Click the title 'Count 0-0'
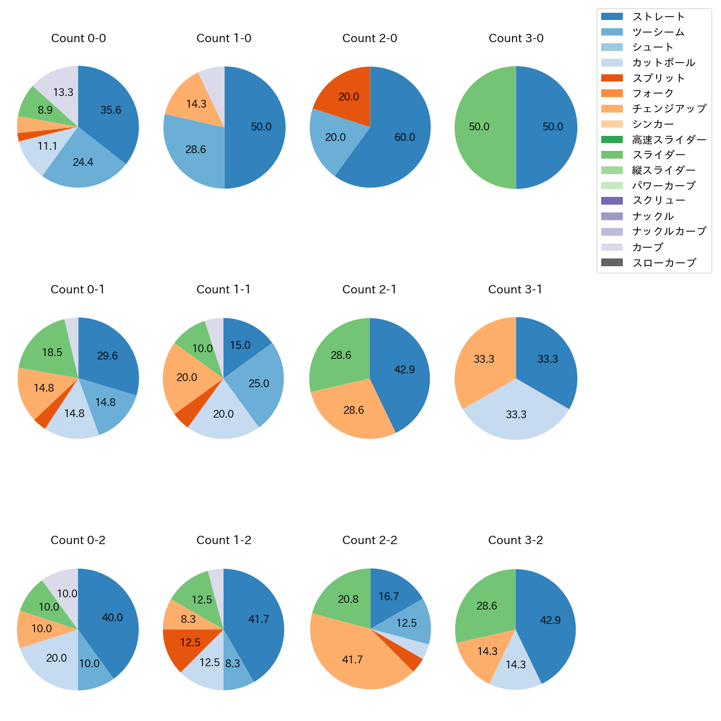tap(78, 38)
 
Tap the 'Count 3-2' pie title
tap(515, 540)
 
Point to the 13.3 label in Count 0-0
tap(63, 93)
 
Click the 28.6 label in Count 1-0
tap(196, 150)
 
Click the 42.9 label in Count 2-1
tap(404, 370)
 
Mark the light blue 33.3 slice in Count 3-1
tap(516, 416)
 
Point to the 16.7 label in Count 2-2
tap(389, 597)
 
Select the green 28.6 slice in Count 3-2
tap(485, 605)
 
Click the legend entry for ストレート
tap(658, 17)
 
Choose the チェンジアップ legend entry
tap(669, 109)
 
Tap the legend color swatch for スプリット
tap(612, 78)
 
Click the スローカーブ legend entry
tap(664, 263)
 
